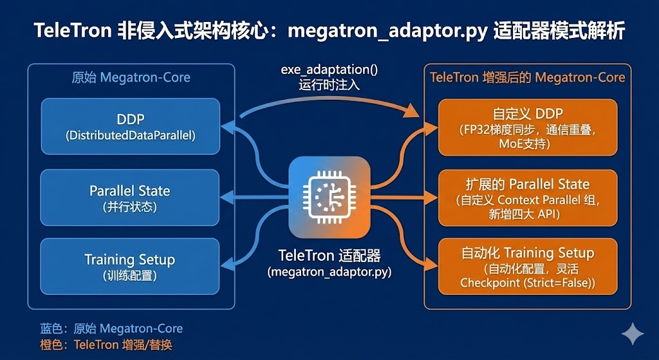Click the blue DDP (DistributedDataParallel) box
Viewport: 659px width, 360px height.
coord(130,127)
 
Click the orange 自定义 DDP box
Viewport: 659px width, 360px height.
coord(528,127)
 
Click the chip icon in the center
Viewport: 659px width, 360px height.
coord(329,197)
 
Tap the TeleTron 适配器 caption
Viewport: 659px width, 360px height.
coord(329,256)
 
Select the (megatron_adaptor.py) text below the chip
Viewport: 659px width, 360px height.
coord(329,272)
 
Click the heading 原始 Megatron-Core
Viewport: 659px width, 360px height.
coord(131,78)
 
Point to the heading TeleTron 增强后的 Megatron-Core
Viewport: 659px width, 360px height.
coord(527,78)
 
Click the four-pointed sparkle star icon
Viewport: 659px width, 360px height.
coord(632,334)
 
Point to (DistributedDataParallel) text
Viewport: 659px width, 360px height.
coord(130,136)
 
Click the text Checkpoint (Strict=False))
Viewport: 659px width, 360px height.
coord(528,283)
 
